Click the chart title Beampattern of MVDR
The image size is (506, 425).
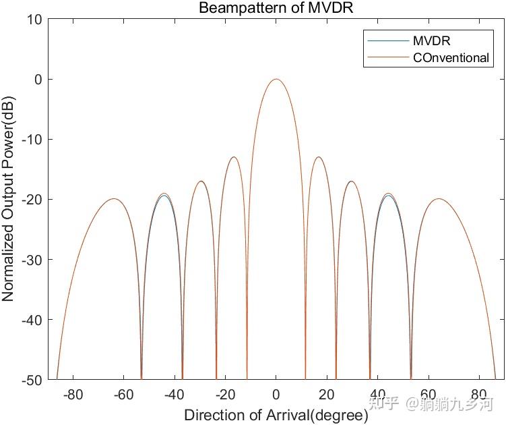tap(276, 8)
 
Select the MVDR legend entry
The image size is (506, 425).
tap(431, 41)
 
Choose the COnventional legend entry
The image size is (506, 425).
tap(451, 58)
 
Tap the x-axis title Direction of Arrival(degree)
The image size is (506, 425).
tap(276, 414)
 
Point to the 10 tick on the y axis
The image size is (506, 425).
tap(35, 20)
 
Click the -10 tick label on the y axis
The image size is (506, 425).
tap(32, 140)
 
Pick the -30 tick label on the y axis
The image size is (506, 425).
tap(32, 260)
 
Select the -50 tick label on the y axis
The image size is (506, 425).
tap(32, 380)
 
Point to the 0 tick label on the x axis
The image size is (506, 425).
tap(276, 394)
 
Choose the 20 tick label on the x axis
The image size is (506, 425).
tap(327, 394)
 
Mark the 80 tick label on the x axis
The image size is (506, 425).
tap(479, 394)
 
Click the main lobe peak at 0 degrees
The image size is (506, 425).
tap(276, 80)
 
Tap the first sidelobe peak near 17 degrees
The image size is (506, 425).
tap(318, 157)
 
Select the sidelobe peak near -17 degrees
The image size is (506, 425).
tap(234, 157)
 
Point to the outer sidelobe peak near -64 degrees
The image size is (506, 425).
tap(113, 199)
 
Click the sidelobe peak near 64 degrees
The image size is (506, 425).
tap(439, 199)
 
